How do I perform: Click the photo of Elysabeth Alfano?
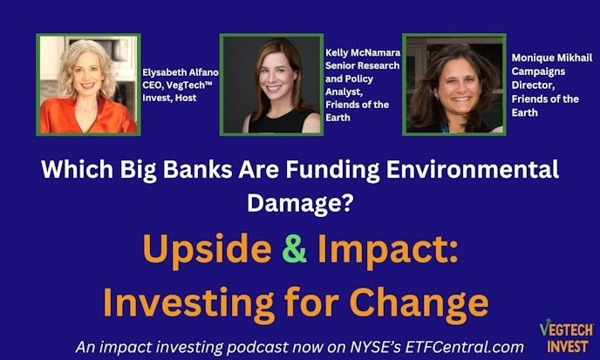[88, 84]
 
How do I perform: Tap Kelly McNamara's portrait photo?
[270, 84]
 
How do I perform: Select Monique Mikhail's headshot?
[453, 84]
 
